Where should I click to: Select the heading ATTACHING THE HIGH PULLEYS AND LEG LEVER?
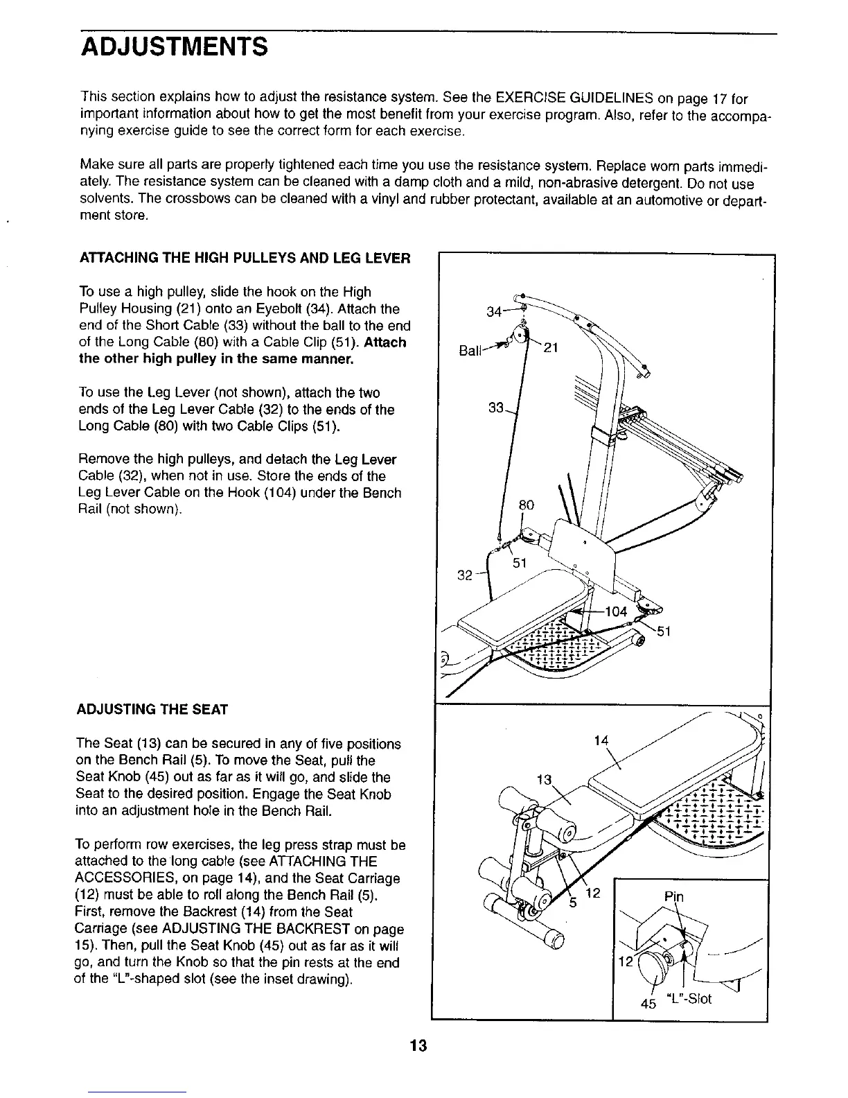click(246, 259)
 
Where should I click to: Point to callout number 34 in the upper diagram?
click(493, 311)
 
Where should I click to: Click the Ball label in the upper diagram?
click(470, 351)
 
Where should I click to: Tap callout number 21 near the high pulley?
click(550, 349)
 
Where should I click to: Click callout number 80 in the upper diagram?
click(527, 505)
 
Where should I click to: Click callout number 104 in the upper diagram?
click(615, 611)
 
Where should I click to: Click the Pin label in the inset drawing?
click(673, 897)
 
